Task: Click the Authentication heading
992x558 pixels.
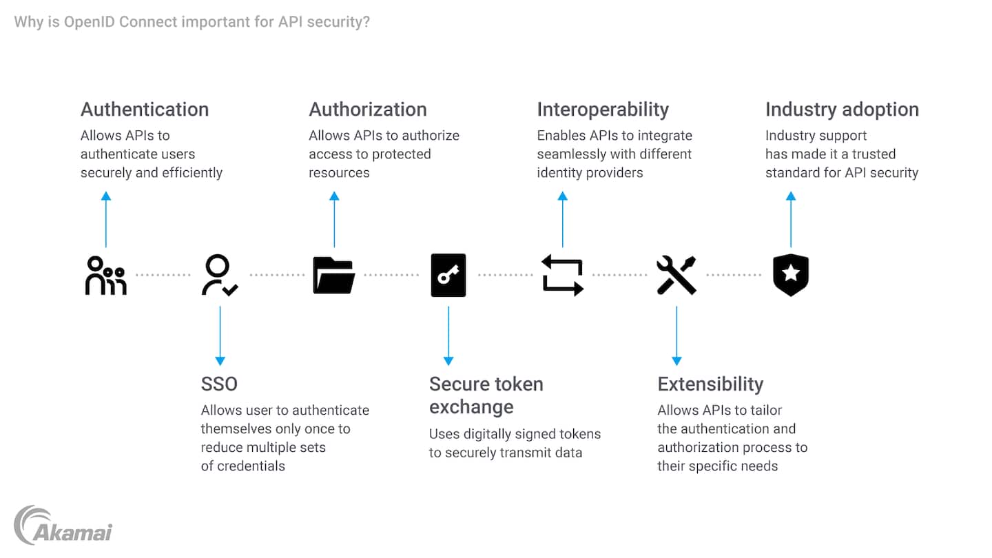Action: (145, 110)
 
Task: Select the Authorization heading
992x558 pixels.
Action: (368, 110)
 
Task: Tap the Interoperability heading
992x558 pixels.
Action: (603, 110)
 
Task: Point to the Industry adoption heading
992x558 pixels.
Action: (842, 110)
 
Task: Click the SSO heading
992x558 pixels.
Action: (219, 384)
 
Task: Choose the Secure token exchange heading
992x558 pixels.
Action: (486, 395)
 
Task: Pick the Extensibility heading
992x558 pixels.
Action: (710, 384)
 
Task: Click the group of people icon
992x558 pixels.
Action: (105, 276)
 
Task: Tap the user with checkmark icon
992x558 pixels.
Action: (220, 276)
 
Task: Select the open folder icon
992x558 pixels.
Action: (334, 276)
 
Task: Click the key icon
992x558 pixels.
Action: (448, 276)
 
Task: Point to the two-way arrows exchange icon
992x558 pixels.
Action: (562, 276)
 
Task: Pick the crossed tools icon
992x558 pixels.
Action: (676, 276)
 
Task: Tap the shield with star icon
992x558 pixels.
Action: (791, 276)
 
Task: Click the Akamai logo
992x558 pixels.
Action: (63, 526)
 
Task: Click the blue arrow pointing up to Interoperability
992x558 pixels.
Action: (562, 219)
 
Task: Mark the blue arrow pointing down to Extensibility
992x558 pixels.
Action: (676, 335)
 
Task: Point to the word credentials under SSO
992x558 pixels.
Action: (251, 466)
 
